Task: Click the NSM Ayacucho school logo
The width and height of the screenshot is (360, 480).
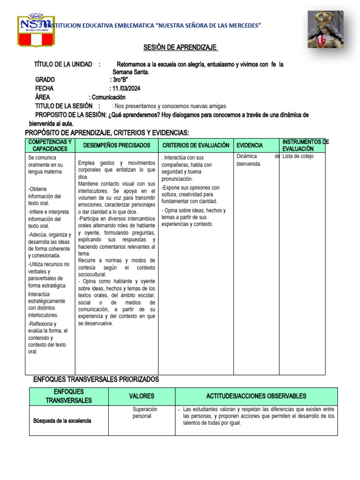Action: point(36,30)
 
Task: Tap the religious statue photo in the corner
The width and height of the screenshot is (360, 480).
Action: point(325,30)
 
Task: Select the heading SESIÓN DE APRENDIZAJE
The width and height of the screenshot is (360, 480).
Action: point(180,48)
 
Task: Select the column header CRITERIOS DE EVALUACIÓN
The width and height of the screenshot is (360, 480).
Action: point(195,145)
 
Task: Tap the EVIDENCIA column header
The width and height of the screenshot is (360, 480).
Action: point(249,145)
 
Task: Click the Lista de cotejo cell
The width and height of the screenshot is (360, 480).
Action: point(298,156)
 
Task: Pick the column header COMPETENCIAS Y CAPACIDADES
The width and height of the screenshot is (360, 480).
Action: point(50,145)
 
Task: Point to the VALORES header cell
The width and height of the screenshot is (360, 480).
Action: point(142,396)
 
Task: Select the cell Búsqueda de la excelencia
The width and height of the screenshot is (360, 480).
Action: point(62,420)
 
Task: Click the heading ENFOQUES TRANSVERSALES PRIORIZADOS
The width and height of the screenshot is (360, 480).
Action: point(96,379)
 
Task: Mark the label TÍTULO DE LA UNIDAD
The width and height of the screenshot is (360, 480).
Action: point(63,64)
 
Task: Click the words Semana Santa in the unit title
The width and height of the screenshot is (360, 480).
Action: point(131,72)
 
